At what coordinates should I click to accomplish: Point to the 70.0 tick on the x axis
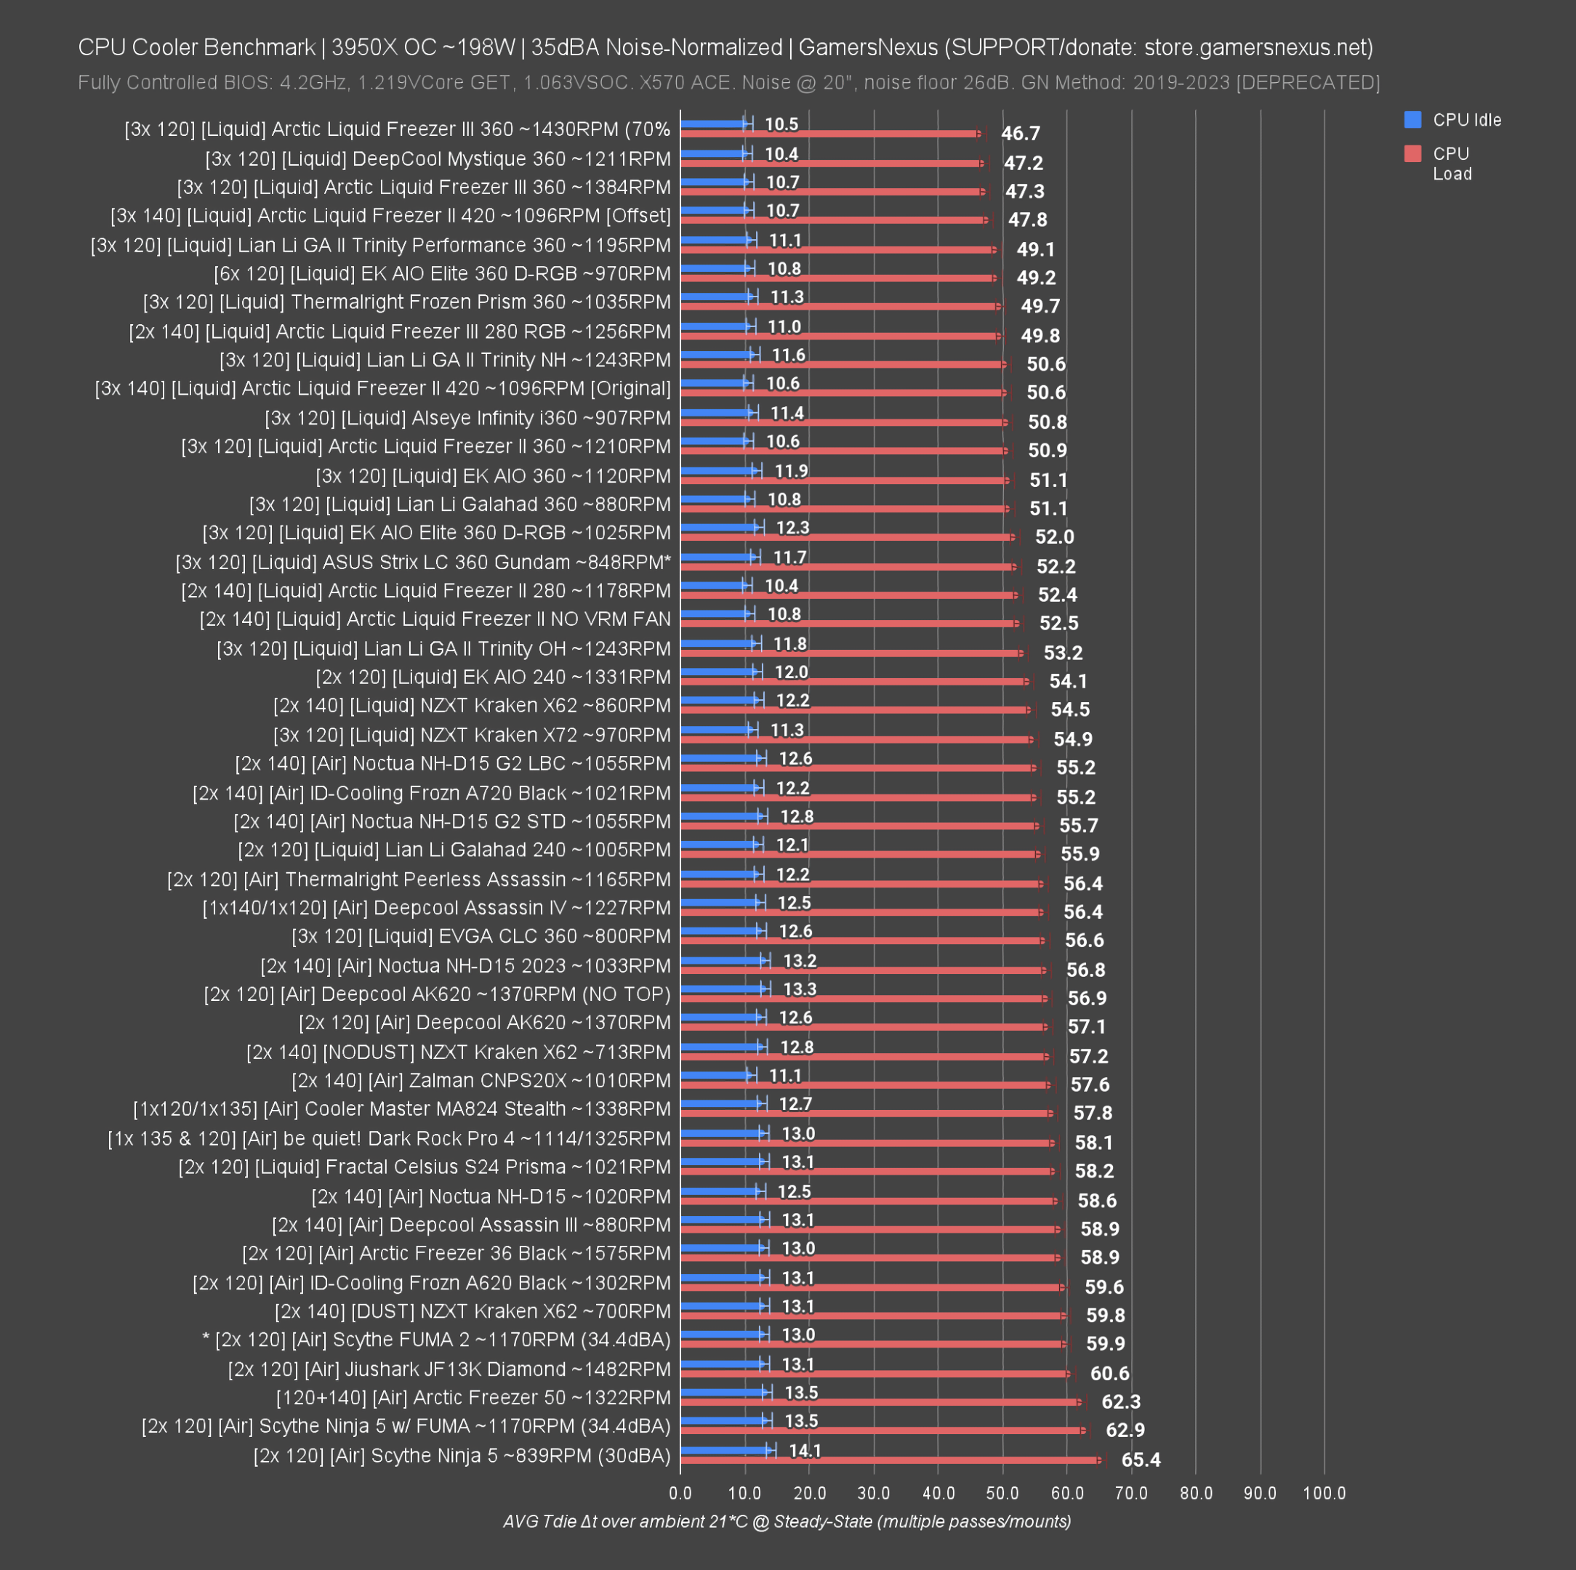pyautogui.click(x=1130, y=1494)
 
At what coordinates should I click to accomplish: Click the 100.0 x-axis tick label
pyautogui.click(x=1324, y=1494)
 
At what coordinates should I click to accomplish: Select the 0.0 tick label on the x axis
pyautogui.click(x=680, y=1494)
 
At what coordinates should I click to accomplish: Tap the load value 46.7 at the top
pyautogui.click(x=1021, y=133)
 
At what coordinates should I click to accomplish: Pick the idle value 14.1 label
pyautogui.click(x=805, y=1450)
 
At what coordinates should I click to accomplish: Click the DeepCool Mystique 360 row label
pyautogui.click(x=438, y=158)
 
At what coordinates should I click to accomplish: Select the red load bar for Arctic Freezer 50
pyautogui.click(x=881, y=1402)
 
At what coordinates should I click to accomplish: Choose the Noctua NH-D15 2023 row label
pyautogui.click(x=465, y=966)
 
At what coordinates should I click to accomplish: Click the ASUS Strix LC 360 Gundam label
pyautogui.click(x=422, y=562)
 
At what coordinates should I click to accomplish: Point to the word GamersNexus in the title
pyautogui.click(x=867, y=47)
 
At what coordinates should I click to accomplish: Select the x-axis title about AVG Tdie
pyautogui.click(x=787, y=1521)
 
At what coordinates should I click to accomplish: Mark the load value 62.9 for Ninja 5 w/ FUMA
pyautogui.click(x=1125, y=1430)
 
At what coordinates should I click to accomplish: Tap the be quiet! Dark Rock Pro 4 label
pyautogui.click(x=389, y=1138)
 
